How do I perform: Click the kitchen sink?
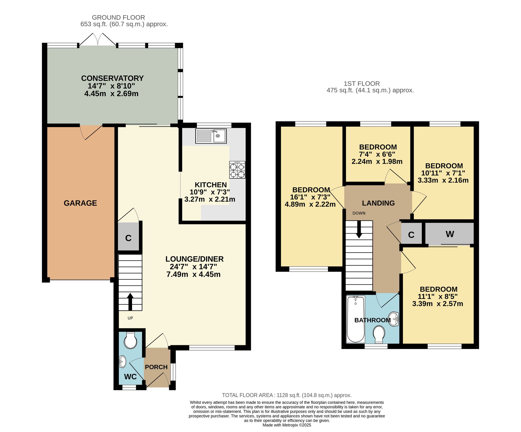211,136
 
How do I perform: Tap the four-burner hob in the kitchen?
237,170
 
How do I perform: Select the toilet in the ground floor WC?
131,340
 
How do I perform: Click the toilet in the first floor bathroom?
379,335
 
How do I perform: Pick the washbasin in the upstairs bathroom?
394,319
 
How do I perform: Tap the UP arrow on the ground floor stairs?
130,302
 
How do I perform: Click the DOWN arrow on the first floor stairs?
359,229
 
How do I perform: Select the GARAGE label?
80,203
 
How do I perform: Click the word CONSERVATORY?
112,78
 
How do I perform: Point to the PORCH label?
156,367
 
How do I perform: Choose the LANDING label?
378,203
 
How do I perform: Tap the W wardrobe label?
450,234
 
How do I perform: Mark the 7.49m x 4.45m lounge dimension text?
194,274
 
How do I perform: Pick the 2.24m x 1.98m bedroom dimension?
377,161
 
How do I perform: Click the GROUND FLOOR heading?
118,17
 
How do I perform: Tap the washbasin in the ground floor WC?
122,362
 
